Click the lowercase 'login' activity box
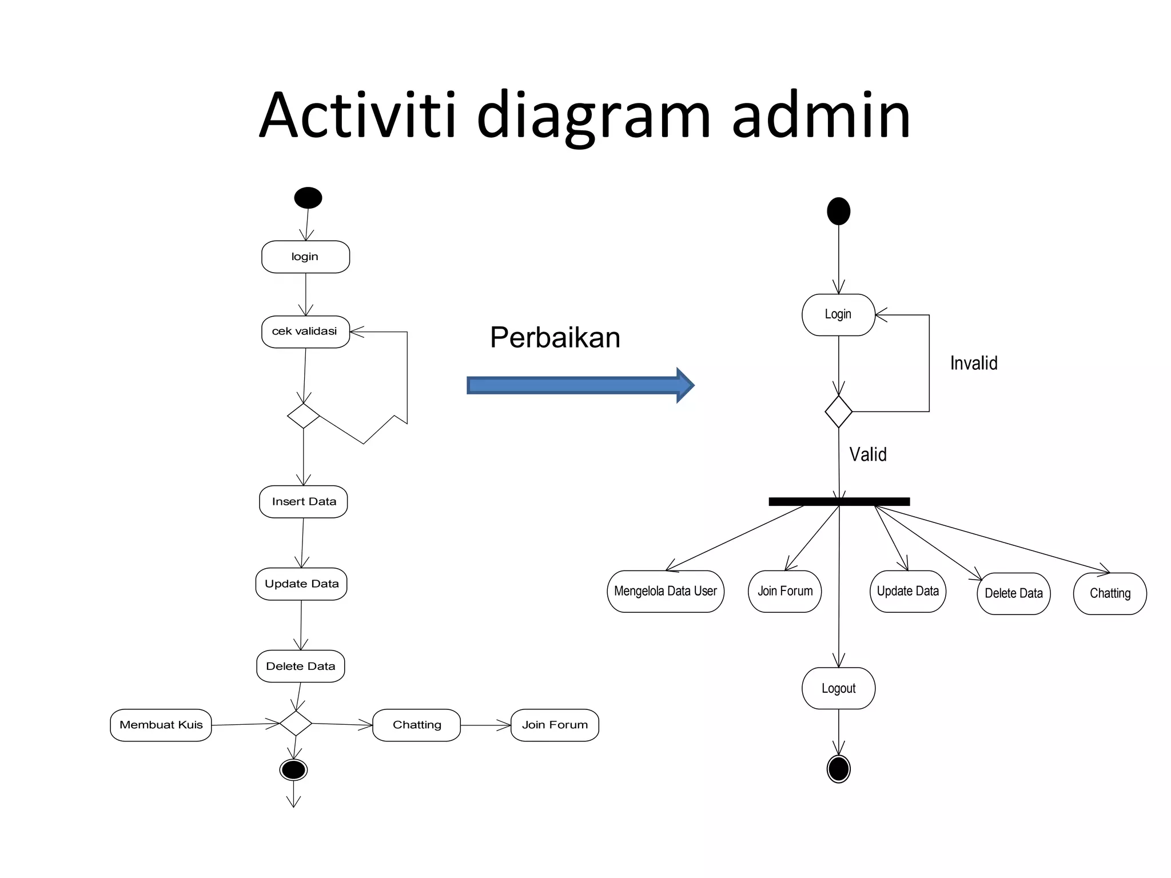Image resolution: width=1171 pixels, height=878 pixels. [x=305, y=257]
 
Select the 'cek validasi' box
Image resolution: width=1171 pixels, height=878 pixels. [x=305, y=332]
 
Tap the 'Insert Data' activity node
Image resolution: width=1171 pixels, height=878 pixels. [x=304, y=502]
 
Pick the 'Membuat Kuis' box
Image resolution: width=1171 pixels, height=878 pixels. [x=161, y=725]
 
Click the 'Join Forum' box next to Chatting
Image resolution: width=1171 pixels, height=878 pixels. [x=555, y=725]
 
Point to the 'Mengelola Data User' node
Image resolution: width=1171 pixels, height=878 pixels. [x=665, y=591]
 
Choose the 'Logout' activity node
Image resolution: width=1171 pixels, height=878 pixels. [x=838, y=688]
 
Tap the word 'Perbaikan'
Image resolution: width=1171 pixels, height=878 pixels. [x=555, y=337]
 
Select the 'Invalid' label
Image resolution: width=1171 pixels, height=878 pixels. [x=974, y=364]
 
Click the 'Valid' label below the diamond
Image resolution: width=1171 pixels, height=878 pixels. [x=867, y=455]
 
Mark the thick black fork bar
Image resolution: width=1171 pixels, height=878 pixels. [x=839, y=501]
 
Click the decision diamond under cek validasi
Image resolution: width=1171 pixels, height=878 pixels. [x=303, y=416]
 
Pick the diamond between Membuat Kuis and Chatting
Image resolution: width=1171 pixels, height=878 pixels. [x=296, y=723]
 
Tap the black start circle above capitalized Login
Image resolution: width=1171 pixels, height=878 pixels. [x=838, y=211]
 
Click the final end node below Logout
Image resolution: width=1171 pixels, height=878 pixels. [x=838, y=768]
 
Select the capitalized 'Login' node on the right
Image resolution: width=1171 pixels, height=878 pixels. [x=838, y=314]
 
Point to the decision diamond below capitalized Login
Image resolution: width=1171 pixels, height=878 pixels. [x=838, y=411]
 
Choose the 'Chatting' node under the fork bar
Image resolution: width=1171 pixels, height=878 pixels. [x=1110, y=593]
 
